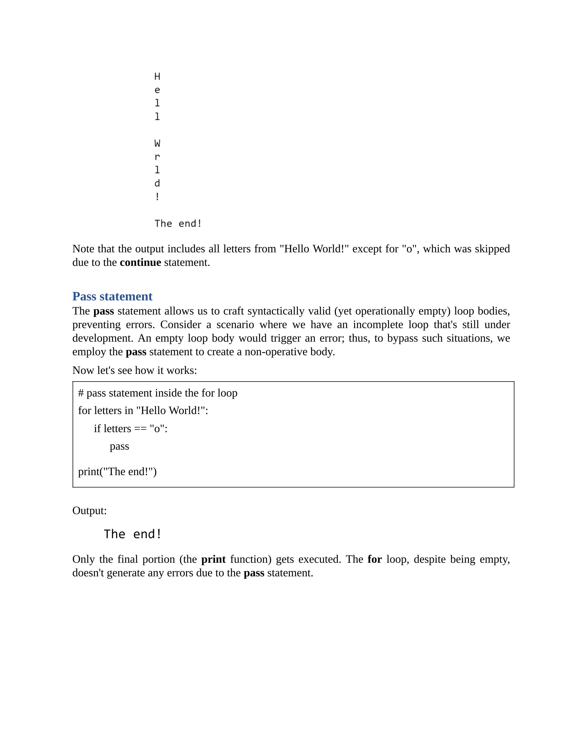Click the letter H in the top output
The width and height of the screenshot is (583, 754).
pyautogui.click(x=157, y=76)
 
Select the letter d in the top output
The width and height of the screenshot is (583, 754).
pyautogui.click(x=157, y=183)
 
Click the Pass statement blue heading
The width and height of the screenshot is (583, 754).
pyautogui.click(x=112, y=296)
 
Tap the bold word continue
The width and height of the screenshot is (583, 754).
pyautogui.click(x=140, y=262)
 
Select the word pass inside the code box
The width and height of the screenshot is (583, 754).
pyautogui.click(x=119, y=446)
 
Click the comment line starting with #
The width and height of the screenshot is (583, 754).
pyautogui.click(x=157, y=393)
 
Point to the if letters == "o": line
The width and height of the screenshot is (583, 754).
pyautogui.click(x=131, y=428)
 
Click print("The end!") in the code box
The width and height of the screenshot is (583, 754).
pyautogui.click(x=117, y=471)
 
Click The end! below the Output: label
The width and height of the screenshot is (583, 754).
pyautogui.click(x=133, y=534)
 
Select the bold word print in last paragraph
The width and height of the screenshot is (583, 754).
pyautogui.click(x=213, y=559)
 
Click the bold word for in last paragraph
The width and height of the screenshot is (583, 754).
pyautogui.click(x=374, y=559)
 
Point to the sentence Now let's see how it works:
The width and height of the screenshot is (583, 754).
pyautogui.click(x=134, y=370)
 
